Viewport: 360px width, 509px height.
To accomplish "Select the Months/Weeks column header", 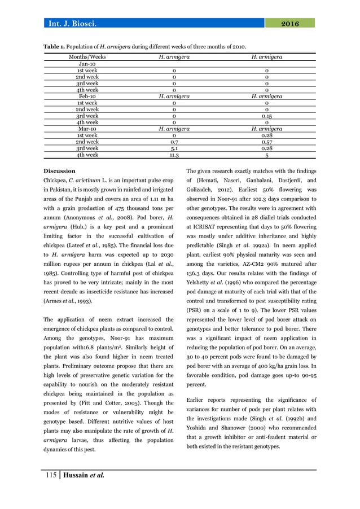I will tap(87, 57).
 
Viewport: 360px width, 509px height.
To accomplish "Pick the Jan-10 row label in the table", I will tap(87, 64).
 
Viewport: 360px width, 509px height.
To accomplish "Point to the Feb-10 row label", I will tap(87, 96).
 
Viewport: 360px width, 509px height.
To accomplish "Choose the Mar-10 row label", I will tap(87, 129).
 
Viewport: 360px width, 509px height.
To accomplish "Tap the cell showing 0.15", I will tap(266, 116).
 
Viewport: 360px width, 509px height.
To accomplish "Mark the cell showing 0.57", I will tap(266, 142).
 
